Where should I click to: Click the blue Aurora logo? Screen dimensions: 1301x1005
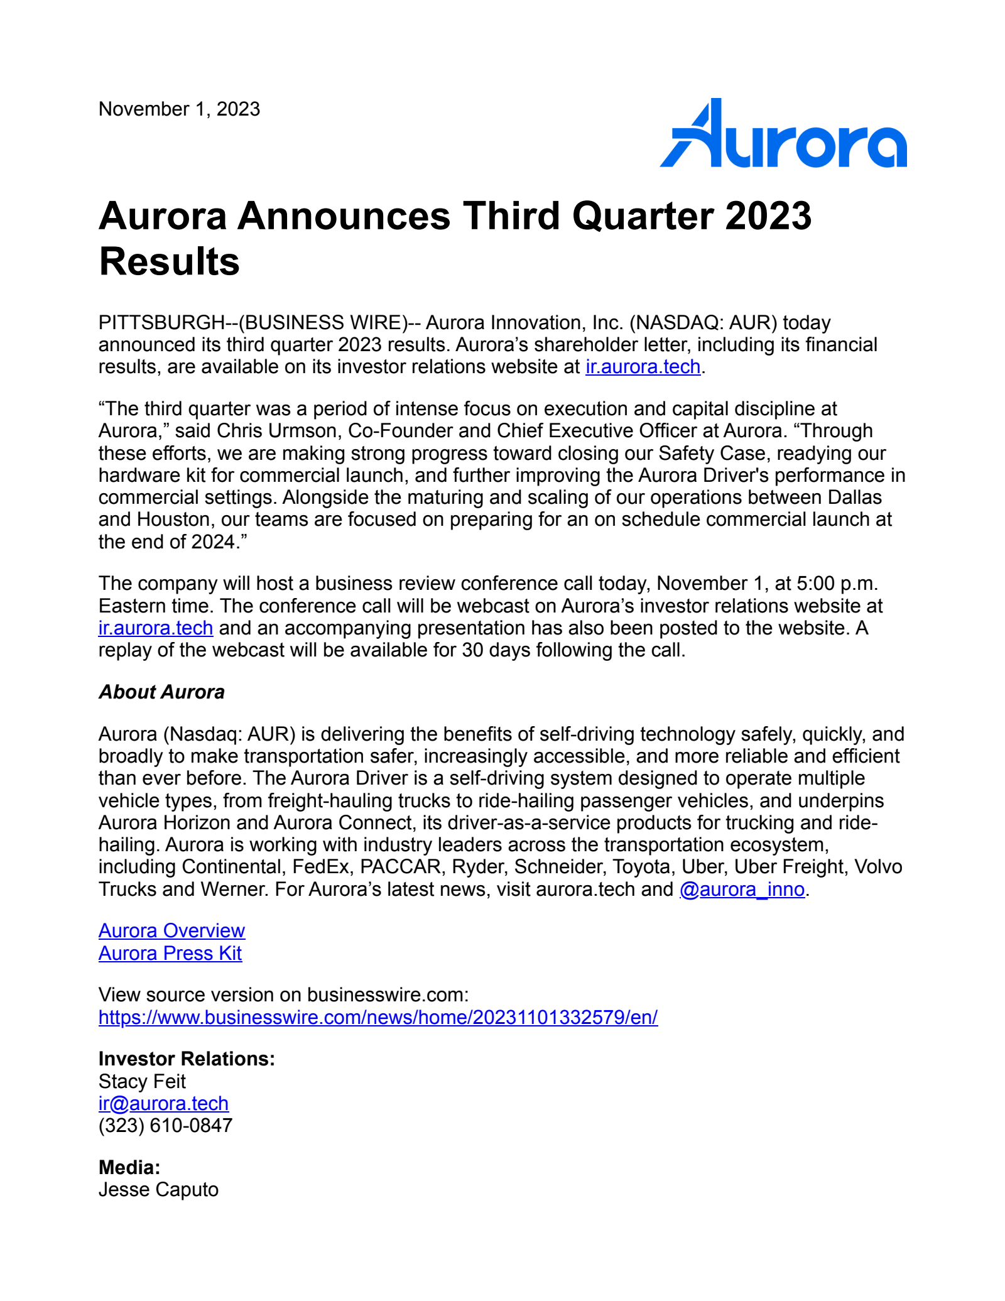tap(783, 134)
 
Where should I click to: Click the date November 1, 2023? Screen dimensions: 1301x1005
tap(179, 109)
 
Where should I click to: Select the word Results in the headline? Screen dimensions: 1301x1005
tap(169, 261)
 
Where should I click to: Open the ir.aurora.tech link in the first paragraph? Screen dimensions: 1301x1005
tap(643, 367)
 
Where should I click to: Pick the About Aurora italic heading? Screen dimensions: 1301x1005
tap(161, 692)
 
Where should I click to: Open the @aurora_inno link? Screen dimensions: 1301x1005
tap(742, 890)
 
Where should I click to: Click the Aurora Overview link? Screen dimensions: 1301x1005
tap(171, 931)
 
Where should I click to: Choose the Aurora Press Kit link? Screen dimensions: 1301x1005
tap(170, 954)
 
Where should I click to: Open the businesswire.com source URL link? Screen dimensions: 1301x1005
tap(378, 1018)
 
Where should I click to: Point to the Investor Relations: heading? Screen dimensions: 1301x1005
tap(187, 1059)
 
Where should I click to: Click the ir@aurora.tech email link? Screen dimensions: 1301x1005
tap(163, 1104)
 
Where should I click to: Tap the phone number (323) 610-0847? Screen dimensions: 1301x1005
tap(165, 1126)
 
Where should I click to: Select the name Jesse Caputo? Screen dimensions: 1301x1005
tap(158, 1190)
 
